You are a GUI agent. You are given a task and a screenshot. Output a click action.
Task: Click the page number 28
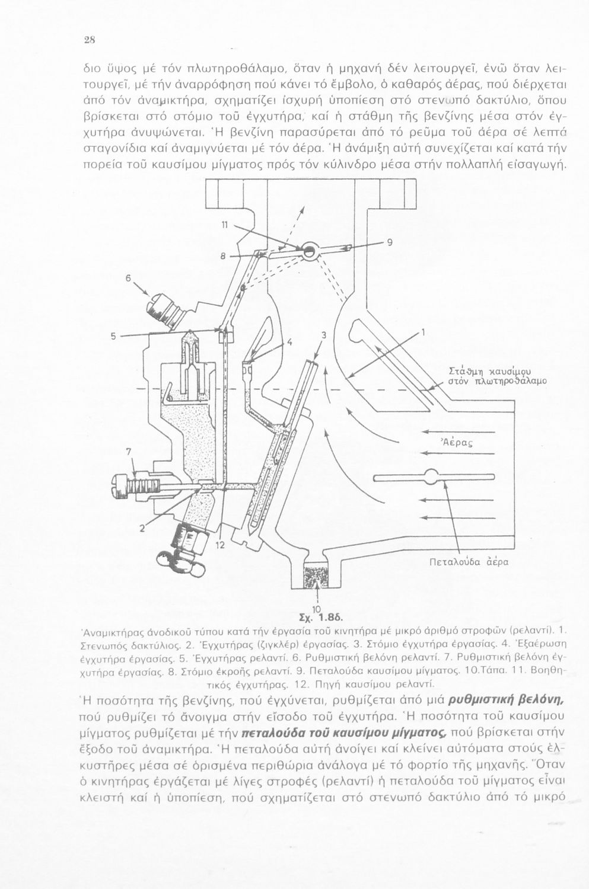88,40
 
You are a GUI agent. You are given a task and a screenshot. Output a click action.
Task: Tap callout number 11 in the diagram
224,225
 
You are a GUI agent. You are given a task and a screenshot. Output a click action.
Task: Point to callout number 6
128,279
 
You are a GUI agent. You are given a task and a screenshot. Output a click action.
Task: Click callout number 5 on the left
113,337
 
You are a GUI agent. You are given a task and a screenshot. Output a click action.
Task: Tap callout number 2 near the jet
142,528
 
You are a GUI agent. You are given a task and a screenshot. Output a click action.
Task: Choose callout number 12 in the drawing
220,546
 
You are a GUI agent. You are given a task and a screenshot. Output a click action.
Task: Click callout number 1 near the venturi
424,332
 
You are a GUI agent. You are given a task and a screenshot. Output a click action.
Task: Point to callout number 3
324,335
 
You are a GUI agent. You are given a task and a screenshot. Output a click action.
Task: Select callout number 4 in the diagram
289,341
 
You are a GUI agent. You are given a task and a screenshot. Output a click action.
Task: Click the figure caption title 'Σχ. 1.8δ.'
319,618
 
